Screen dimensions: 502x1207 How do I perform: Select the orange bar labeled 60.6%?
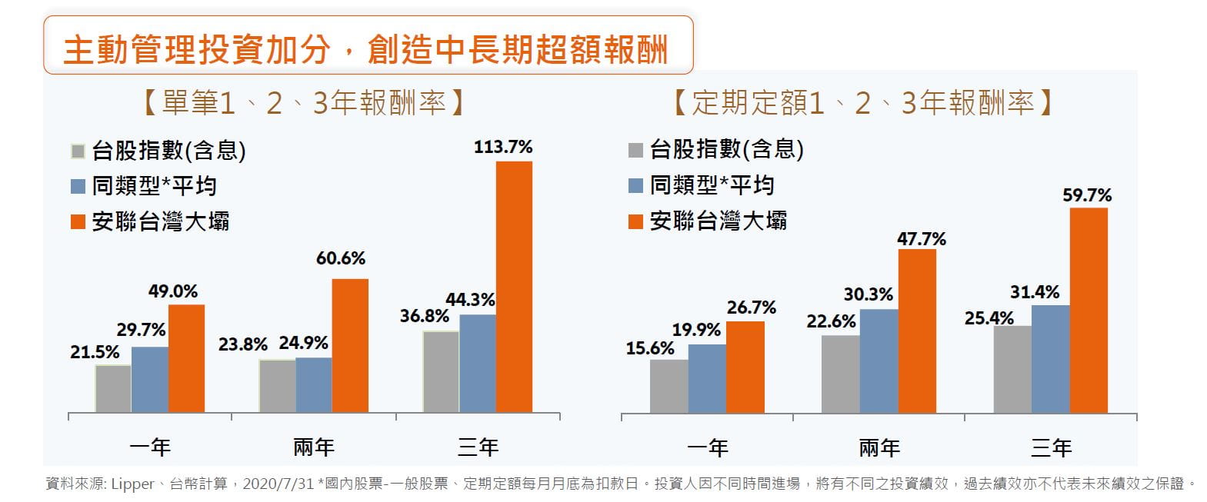pos(350,345)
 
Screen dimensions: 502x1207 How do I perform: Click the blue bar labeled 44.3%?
pos(478,363)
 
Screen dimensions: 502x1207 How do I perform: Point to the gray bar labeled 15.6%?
pos(669,386)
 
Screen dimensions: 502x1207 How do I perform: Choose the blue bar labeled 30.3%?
pos(879,361)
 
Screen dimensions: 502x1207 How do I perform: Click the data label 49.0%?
pos(173,291)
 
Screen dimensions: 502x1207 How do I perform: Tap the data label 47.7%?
pos(922,239)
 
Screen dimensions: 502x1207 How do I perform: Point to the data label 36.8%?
pos(425,316)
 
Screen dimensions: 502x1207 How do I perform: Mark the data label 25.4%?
pos(989,317)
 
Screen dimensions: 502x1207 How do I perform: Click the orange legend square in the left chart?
pos(78,222)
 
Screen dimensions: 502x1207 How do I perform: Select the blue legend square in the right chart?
pos(635,185)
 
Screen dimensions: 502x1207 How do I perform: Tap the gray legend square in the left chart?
pos(78,151)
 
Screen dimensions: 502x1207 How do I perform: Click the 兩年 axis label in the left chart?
pos(314,447)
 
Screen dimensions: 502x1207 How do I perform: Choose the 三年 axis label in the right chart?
pos(1051,447)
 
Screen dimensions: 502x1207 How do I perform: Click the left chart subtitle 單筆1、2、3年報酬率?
pos(303,103)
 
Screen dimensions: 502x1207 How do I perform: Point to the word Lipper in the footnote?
pos(133,484)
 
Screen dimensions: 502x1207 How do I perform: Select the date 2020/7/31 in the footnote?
pos(278,484)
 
